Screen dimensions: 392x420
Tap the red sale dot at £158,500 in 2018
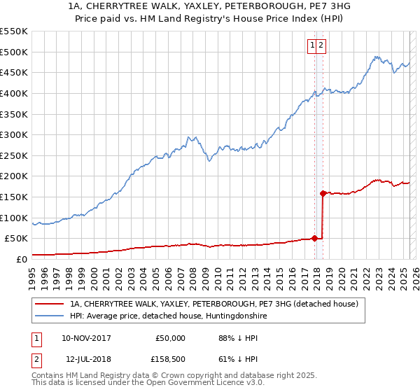[x=323, y=193]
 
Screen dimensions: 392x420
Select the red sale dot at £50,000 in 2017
[x=314, y=238]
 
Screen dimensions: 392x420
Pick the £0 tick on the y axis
[x=22, y=259]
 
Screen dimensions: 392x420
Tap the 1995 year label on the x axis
[x=32, y=274]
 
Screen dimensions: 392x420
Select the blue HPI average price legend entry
[x=169, y=316]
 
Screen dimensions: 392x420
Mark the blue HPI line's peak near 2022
[x=377, y=56]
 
